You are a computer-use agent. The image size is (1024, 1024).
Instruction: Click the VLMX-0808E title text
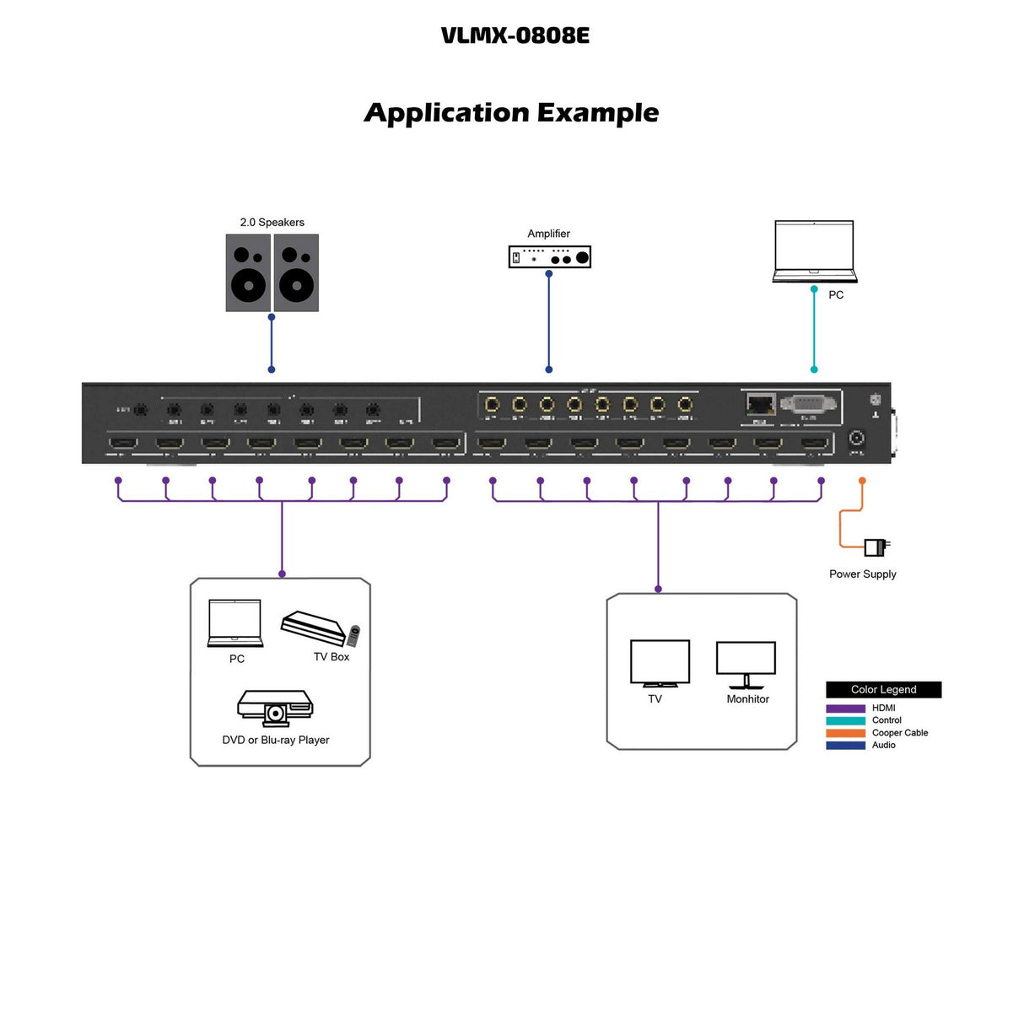(x=515, y=35)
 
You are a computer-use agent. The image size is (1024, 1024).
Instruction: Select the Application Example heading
(x=511, y=113)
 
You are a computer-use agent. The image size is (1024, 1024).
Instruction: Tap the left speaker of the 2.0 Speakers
(x=248, y=273)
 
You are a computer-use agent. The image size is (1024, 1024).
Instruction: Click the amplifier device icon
(x=549, y=256)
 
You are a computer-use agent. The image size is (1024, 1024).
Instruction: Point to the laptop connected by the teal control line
(x=814, y=251)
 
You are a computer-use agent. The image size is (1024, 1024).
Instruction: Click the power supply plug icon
(x=876, y=547)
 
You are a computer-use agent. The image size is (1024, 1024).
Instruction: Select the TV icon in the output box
(x=660, y=664)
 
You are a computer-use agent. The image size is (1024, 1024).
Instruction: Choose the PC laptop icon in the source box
(x=235, y=623)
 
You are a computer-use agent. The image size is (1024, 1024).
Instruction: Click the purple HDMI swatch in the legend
(x=845, y=709)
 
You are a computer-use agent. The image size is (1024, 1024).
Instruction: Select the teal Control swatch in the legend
(x=845, y=721)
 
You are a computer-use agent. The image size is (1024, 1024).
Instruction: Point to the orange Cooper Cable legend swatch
(x=845, y=733)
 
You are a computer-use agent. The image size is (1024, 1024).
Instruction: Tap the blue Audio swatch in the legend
(x=845, y=746)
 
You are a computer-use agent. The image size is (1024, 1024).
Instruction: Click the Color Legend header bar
(x=883, y=690)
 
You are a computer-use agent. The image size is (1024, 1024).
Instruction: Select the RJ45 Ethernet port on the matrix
(x=760, y=404)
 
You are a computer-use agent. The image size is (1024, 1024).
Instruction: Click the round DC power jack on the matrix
(x=856, y=439)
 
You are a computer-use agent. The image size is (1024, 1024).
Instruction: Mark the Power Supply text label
(x=862, y=574)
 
